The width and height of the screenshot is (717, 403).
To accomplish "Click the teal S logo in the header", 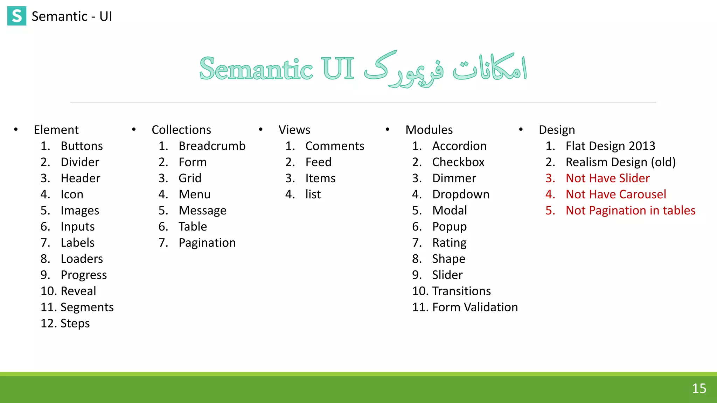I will (x=17, y=16).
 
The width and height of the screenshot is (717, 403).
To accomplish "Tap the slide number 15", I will (x=699, y=388).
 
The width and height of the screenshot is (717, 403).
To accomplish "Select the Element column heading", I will (x=56, y=130).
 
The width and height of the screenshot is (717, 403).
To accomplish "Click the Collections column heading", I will (x=181, y=130).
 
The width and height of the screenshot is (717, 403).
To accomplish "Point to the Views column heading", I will (x=294, y=130).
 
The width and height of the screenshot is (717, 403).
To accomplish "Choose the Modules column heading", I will (x=429, y=130).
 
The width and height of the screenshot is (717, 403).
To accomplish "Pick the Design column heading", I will (x=557, y=130).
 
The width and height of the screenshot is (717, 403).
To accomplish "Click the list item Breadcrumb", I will (x=212, y=146).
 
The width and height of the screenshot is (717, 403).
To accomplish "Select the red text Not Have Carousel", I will (x=615, y=194).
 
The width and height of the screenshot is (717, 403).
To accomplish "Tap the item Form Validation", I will (x=475, y=307).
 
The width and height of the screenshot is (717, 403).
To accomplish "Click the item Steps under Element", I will (x=75, y=323).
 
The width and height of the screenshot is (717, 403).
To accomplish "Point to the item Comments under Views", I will (x=334, y=146).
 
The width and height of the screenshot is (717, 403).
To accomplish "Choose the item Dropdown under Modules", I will (x=461, y=194).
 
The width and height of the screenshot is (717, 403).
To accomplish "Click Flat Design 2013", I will (x=610, y=146).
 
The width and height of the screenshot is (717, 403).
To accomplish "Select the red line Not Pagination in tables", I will (x=630, y=211).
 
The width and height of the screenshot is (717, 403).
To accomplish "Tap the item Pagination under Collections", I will (x=207, y=243).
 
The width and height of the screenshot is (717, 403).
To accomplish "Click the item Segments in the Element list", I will (x=87, y=307).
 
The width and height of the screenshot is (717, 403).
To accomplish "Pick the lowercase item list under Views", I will (x=313, y=194).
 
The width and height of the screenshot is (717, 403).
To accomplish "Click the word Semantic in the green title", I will (x=256, y=69).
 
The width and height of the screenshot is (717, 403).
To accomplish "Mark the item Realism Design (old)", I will (x=620, y=162).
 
